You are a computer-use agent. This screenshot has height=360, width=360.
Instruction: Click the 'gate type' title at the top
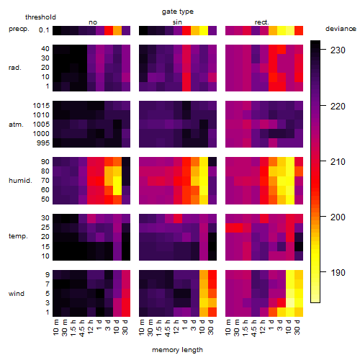(x=178, y=12)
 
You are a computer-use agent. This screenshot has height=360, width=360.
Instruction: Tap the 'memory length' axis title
(x=177, y=350)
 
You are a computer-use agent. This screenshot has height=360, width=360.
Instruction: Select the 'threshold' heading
(x=40, y=17)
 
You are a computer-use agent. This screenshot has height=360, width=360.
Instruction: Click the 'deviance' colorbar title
(x=341, y=29)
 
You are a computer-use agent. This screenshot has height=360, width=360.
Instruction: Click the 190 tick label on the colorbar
(x=338, y=272)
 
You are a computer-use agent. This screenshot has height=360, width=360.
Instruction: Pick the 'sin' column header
(x=177, y=22)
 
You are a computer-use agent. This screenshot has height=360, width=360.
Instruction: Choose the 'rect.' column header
(x=262, y=22)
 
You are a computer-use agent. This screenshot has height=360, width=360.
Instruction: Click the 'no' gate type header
(x=93, y=22)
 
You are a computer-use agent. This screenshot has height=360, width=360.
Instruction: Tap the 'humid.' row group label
(x=20, y=181)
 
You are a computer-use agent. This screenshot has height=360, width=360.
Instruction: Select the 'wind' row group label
(x=17, y=294)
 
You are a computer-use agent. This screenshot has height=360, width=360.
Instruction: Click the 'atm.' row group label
(x=16, y=125)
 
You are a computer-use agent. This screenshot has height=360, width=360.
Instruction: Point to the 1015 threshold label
(x=41, y=106)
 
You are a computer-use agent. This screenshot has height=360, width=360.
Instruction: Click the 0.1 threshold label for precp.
(x=44, y=30)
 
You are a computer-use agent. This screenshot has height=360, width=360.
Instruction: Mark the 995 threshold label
(x=43, y=143)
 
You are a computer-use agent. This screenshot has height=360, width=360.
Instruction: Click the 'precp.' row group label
(x=19, y=29)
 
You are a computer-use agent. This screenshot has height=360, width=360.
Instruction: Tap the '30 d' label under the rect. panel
(x=297, y=327)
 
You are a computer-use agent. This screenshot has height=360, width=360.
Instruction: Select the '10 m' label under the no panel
(x=55, y=327)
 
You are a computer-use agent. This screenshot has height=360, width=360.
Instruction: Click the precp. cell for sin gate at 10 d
(x=204, y=30)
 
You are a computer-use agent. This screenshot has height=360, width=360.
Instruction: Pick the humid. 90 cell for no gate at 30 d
(x=126, y=161)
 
